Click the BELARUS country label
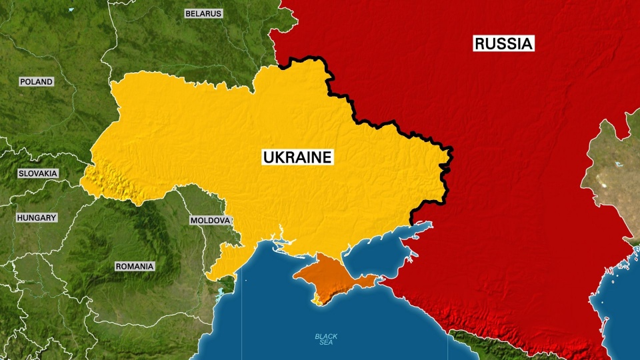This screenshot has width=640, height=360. [203, 13]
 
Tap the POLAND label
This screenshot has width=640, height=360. [36, 81]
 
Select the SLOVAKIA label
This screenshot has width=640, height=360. [38, 173]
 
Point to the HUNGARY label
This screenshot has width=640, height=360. [37, 217]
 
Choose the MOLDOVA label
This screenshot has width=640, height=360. [210, 220]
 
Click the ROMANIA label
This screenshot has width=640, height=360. [135, 266]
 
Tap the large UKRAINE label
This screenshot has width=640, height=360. [297, 157]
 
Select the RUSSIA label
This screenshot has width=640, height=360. [503, 44]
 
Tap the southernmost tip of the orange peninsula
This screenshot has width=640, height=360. [319, 303]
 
